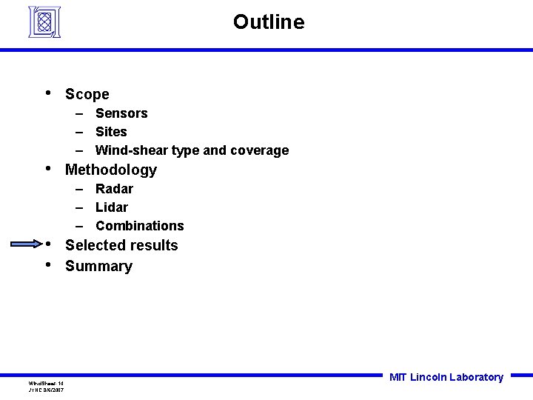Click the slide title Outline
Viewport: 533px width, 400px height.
coord(268,22)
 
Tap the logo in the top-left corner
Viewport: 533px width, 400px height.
coord(44,21)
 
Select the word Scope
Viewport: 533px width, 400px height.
coord(87,94)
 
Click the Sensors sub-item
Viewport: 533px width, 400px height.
coord(121,113)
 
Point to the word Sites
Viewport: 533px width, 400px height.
coord(111,132)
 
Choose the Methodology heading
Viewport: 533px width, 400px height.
coord(111,170)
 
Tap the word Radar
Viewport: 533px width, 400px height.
coord(114,189)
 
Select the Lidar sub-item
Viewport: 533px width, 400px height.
coord(112,207)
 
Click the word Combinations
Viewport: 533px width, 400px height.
coord(139,226)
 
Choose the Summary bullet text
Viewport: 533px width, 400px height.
coord(98,266)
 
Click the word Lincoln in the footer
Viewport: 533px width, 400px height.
coord(428,377)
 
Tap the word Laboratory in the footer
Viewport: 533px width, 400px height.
coord(476,377)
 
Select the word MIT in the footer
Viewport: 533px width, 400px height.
coord(398,377)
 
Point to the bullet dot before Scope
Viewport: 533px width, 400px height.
coord(47,93)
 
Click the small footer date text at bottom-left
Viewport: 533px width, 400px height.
coord(46,389)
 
